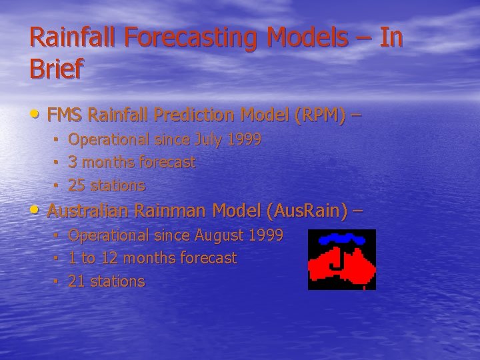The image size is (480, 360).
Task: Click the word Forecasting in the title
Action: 183,38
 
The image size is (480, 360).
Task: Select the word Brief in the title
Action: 57,69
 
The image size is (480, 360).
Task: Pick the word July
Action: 209,140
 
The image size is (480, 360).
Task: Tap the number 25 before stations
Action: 77,185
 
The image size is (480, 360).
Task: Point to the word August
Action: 219,235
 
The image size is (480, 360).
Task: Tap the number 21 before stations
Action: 77,281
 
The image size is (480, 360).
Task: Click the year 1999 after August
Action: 265,235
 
